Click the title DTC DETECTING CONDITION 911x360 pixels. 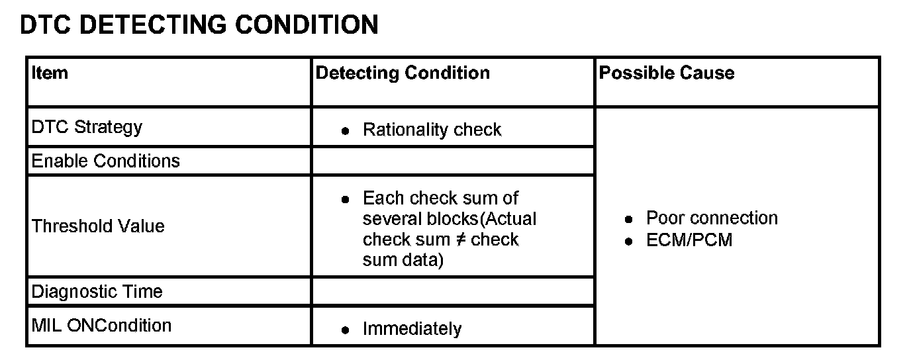tap(199, 25)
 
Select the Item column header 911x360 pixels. tap(50, 72)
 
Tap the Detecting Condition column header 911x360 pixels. tap(403, 73)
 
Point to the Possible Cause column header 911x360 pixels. tap(666, 73)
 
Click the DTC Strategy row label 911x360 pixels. tap(87, 127)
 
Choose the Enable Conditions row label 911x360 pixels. tap(106, 161)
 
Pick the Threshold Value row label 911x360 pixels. tap(98, 226)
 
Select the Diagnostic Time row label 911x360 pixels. tap(97, 291)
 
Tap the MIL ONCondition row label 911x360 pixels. tap(101, 326)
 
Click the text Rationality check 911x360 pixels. tap(432, 130)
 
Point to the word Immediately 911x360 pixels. tap(412, 329)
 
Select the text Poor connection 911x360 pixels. tap(712, 218)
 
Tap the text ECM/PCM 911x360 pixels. tap(689, 240)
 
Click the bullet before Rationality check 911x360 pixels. tap(345, 131)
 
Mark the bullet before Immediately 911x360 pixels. tap(345, 330)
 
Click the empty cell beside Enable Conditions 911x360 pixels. tap(452, 161)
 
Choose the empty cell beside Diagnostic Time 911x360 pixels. tap(452, 291)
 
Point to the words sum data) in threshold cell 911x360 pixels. tap(403, 260)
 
